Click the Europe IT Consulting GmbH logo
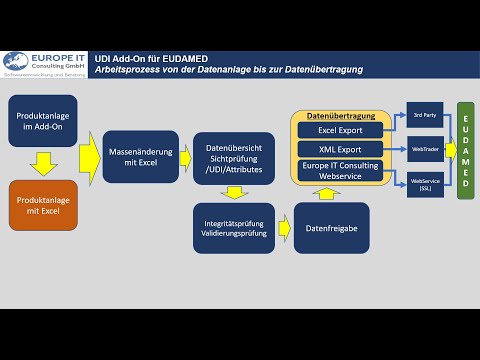point(44,64)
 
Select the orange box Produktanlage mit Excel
point(43,206)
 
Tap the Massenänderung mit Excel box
point(140,157)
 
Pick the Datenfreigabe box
point(331,227)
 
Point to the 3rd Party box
point(424,115)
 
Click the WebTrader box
point(424,148)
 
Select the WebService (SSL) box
point(424,183)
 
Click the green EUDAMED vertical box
point(466,150)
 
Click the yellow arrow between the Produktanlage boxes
point(43,162)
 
